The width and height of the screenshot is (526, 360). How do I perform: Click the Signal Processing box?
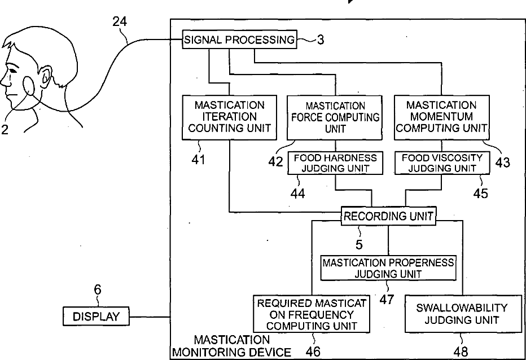[x=239, y=39]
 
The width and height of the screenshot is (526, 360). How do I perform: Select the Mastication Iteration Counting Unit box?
[x=230, y=117]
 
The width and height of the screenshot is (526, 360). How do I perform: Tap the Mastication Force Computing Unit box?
[x=335, y=117]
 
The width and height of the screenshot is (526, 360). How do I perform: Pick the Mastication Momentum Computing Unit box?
[x=441, y=117]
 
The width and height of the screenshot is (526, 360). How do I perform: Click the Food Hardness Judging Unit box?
[x=335, y=163]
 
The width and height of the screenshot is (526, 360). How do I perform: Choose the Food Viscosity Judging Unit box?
[x=442, y=163]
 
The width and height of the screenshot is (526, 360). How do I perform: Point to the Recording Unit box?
[x=388, y=216]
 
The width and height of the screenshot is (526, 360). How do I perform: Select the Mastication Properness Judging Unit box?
[x=388, y=268]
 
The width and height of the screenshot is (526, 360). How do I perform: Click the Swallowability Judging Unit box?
[x=463, y=314]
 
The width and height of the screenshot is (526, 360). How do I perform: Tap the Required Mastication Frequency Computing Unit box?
[x=312, y=314]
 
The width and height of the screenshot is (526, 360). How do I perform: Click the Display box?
[x=96, y=316]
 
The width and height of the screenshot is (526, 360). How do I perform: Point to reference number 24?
[x=120, y=21]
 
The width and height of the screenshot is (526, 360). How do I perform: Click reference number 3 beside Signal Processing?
[x=321, y=39]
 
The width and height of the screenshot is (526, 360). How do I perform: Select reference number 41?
[x=198, y=160]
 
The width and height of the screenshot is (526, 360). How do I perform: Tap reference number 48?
[x=461, y=352]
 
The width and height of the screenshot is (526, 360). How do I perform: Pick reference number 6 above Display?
[x=97, y=289]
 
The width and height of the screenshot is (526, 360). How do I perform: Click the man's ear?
[x=46, y=76]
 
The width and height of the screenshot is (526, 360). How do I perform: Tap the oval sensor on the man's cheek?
[x=28, y=86]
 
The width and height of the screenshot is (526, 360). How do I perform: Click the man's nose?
[x=5, y=80]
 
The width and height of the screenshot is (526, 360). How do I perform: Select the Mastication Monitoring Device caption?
[x=231, y=346]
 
